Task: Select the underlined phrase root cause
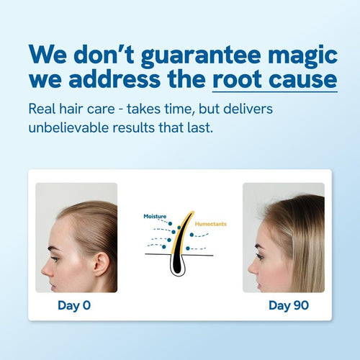tap(274, 78)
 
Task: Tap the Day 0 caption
tap(74, 305)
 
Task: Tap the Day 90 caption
tap(289, 305)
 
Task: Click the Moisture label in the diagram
tap(155, 216)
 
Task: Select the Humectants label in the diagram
tap(210, 224)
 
